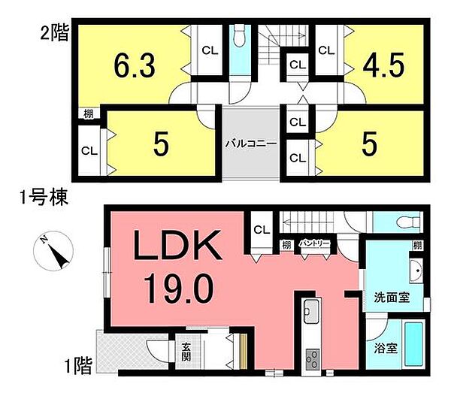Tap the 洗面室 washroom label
(392, 297)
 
